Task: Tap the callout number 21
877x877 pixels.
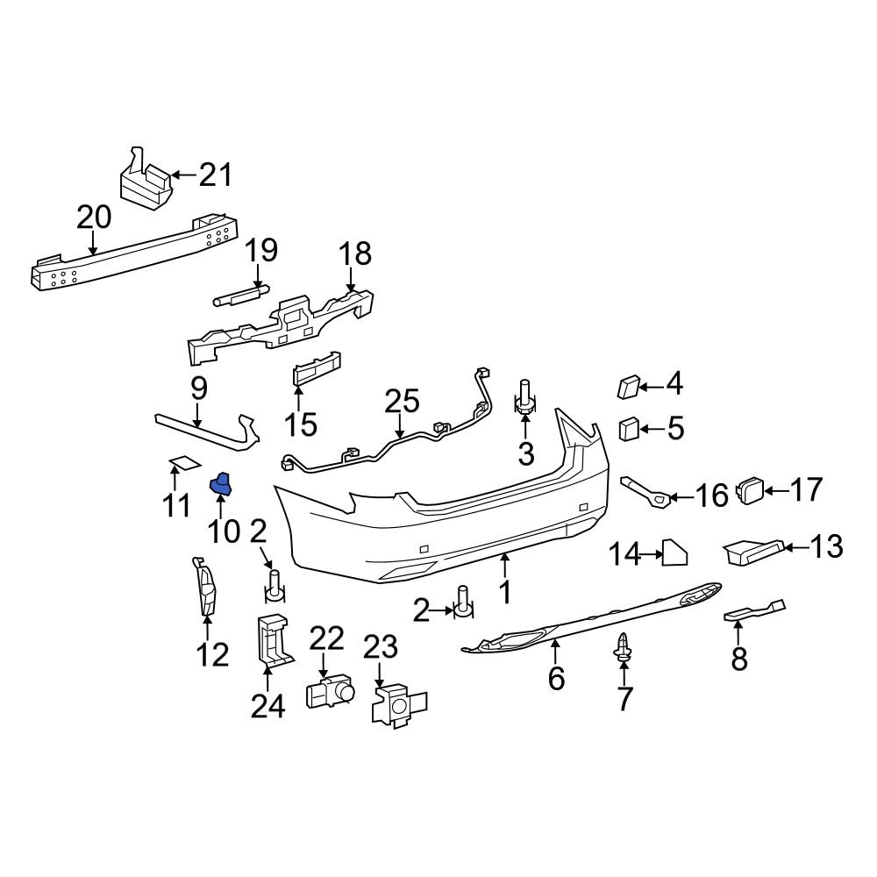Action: (214, 175)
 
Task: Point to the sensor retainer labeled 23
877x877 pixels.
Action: (397, 705)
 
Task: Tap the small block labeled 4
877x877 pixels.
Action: (629, 386)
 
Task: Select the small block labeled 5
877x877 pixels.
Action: (629, 429)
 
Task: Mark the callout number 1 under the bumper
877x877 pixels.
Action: (505, 594)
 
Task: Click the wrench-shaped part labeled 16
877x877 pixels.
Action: (646, 493)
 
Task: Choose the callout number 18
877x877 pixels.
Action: (355, 254)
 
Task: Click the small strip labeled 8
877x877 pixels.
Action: (752, 611)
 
